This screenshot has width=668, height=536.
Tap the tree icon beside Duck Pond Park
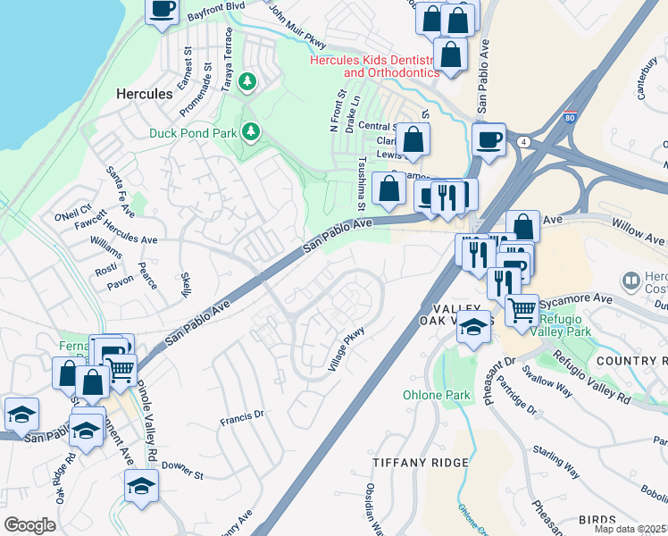point(252,132)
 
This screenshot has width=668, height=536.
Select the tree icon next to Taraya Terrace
point(248,82)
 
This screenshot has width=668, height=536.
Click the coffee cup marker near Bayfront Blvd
point(162,11)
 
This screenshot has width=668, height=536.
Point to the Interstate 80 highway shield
point(570,117)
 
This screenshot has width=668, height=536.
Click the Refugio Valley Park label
point(564,321)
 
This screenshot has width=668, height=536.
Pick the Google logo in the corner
point(29,525)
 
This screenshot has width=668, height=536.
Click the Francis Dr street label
point(242,415)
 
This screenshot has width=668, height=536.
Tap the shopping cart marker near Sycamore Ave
point(522,310)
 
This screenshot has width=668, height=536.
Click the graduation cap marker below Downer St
point(140,487)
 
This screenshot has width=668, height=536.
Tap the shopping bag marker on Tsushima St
point(388,188)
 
